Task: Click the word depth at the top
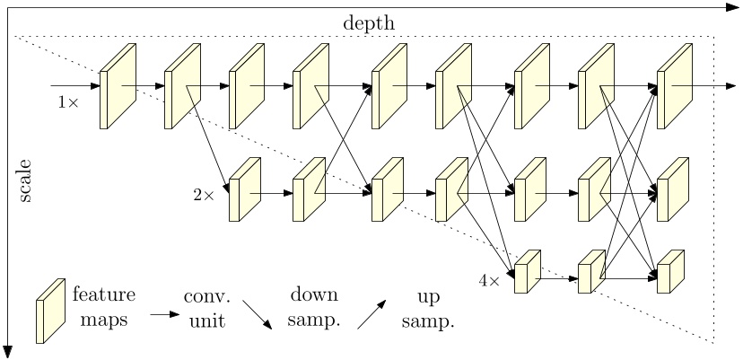pyautogui.click(x=368, y=22)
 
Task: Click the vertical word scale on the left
pyautogui.click(x=24, y=180)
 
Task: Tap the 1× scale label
pyautogui.click(x=68, y=103)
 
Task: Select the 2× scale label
pyautogui.click(x=204, y=194)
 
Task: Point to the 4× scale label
pyautogui.click(x=488, y=280)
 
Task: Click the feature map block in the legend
pyautogui.click(x=49, y=309)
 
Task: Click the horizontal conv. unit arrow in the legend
pyautogui.click(x=163, y=315)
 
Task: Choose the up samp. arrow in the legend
pyautogui.click(x=372, y=315)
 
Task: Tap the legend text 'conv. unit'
pyautogui.click(x=207, y=307)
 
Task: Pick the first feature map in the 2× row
pyautogui.click(x=245, y=190)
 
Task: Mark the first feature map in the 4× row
pyautogui.click(x=527, y=273)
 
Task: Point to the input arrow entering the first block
pyautogui.click(x=75, y=87)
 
